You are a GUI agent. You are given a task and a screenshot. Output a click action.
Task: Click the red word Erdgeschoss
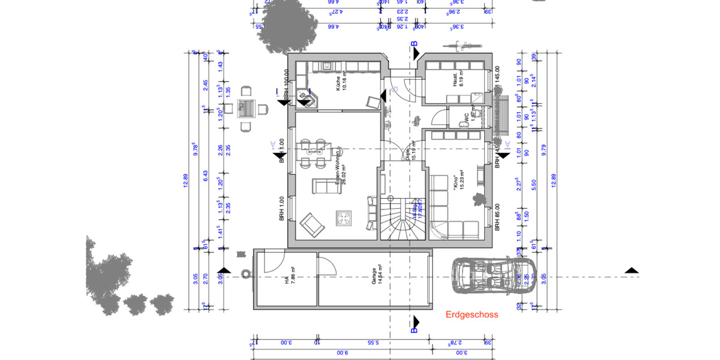click(472, 314)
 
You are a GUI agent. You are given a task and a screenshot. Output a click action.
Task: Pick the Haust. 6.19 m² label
click(458, 79)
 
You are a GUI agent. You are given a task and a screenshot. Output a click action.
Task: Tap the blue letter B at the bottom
click(414, 329)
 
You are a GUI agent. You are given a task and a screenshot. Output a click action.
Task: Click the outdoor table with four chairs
click(246, 108)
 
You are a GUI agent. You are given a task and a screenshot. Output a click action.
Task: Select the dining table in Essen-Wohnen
click(314, 152)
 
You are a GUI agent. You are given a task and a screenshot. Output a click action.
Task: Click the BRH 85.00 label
click(497, 219)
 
